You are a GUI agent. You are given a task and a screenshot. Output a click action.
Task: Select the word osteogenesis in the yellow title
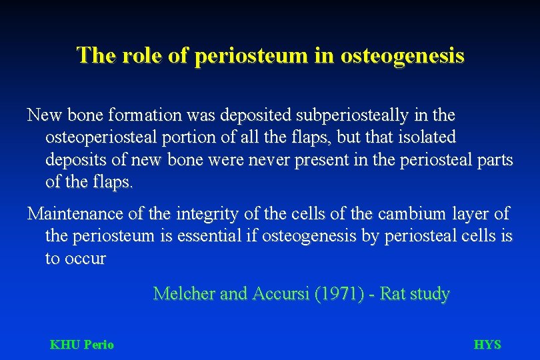coord(402,55)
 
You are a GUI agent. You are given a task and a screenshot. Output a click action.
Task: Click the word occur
coord(85,259)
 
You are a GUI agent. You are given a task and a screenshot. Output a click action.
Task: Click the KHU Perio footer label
coord(82,345)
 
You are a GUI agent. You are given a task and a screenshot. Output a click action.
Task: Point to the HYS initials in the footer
coord(487,345)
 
